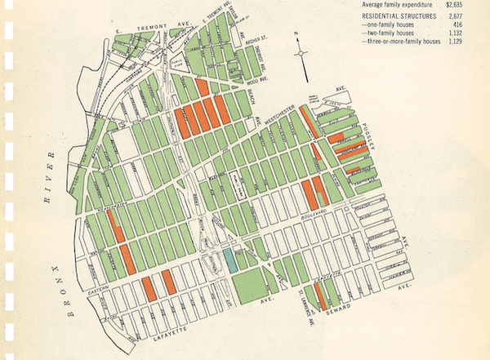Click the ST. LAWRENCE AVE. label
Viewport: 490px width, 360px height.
pos(303,304)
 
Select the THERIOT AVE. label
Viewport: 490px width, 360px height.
pos(260,57)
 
